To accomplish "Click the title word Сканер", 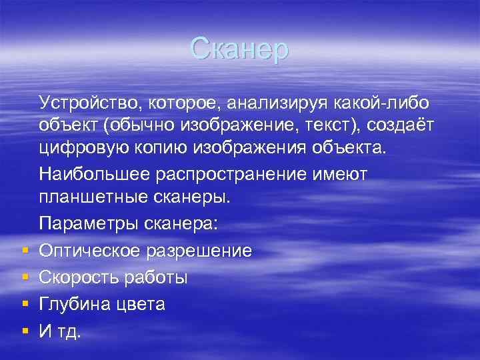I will [x=239, y=49].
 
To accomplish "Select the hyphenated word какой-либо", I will [x=391, y=103].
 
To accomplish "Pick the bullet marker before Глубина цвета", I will [x=24, y=304].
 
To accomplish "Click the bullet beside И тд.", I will [x=24, y=331].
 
